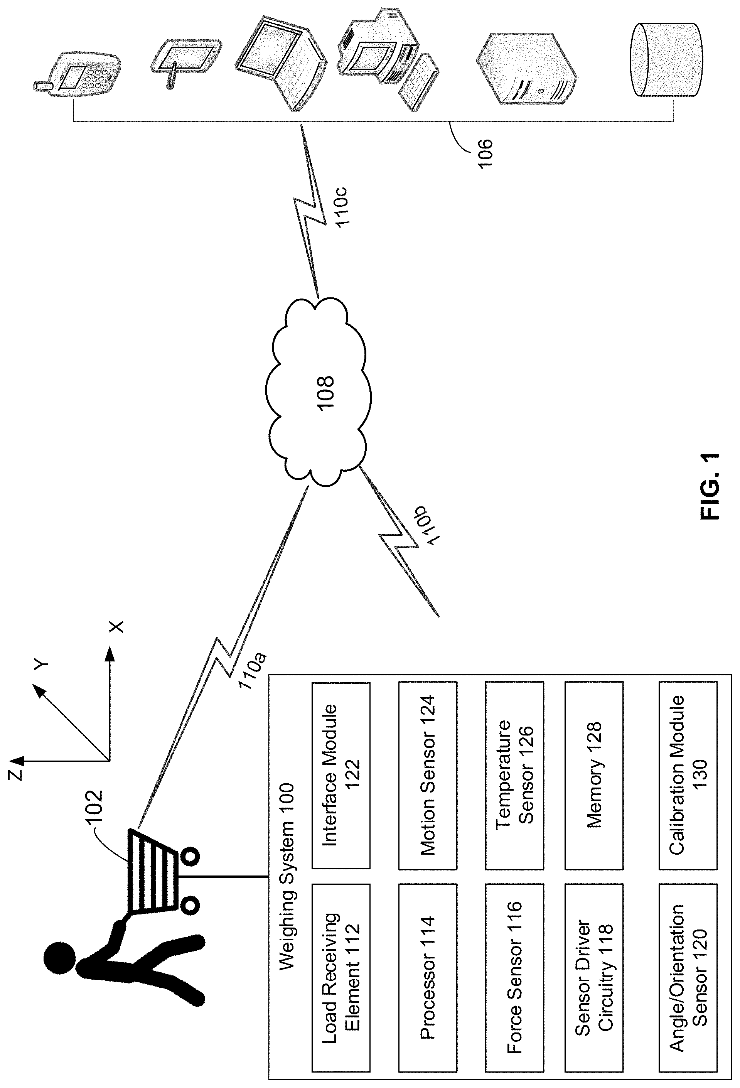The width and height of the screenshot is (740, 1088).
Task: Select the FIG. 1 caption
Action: (710, 486)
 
